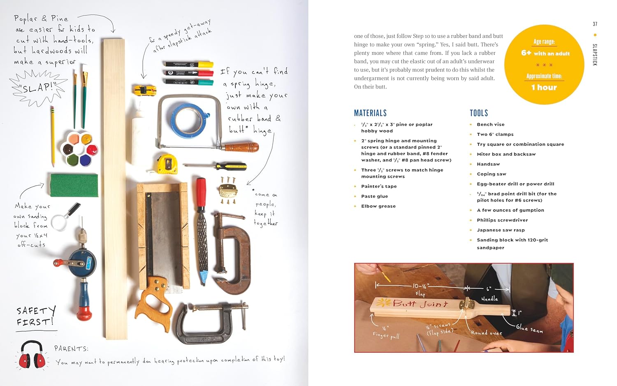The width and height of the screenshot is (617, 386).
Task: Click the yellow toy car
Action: (144, 89)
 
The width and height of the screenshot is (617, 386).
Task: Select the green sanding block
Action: (74, 185)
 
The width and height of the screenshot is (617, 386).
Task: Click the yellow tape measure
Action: (167, 163)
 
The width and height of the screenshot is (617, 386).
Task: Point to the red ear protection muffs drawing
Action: (32, 355)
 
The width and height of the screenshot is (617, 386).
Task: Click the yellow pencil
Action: (53, 136)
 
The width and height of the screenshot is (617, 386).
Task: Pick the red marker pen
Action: (189, 73)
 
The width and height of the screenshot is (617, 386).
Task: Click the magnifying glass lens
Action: (59, 223)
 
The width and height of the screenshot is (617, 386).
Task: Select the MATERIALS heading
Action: (370, 113)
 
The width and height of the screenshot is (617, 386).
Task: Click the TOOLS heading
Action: (479, 113)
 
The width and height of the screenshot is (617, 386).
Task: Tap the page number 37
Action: (595, 24)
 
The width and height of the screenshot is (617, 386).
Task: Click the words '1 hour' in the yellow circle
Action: (544, 87)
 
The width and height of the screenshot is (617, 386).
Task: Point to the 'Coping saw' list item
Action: (492, 174)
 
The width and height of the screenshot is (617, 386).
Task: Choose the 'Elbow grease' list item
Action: (378, 206)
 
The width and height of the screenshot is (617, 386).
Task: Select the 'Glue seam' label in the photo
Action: (529, 328)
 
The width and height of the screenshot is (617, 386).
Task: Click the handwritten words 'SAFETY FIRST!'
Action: (35, 316)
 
